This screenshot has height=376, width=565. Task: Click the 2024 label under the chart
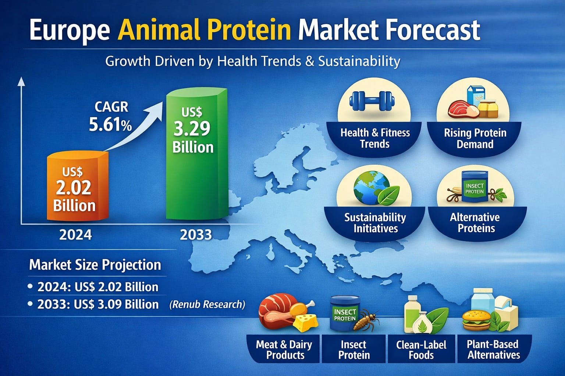[75, 235]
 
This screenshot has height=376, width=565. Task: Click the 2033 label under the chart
[196, 235]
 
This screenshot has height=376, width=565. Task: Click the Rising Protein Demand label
[475, 138]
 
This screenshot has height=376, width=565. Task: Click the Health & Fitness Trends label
[375, 138]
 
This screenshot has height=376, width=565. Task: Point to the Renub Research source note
[207, 304]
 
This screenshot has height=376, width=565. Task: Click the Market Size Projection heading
[95, 265]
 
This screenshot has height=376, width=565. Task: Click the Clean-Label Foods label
[421, 350]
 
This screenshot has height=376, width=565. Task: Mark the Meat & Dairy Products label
[284, 350]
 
